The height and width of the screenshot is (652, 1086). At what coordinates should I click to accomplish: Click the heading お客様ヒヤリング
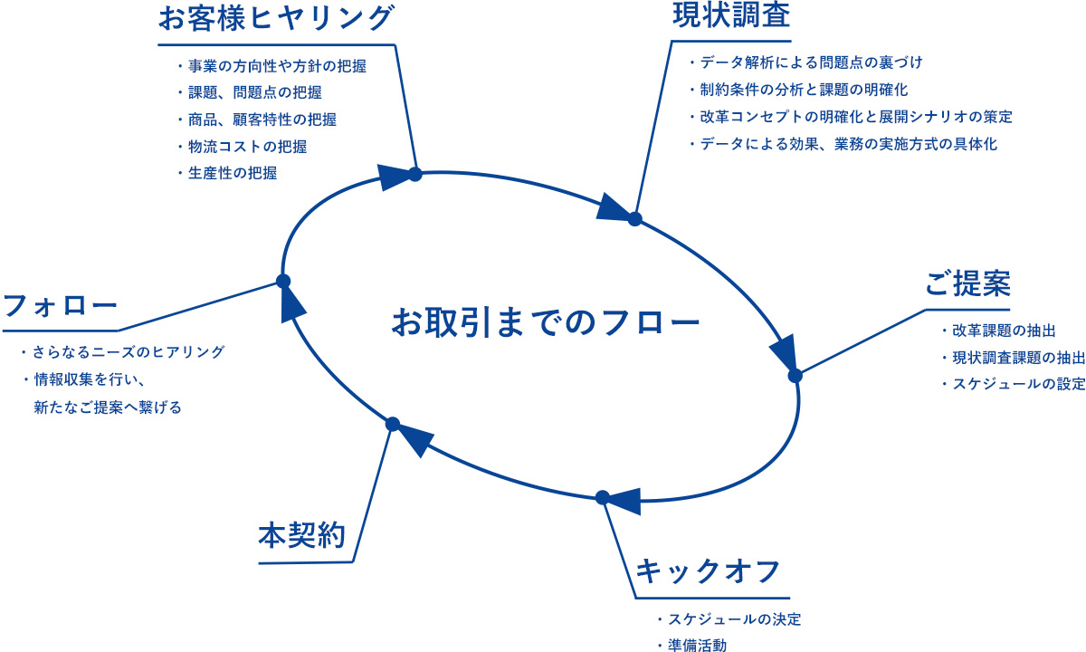point(277,18)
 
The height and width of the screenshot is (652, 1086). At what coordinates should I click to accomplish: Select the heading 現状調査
point(731,15)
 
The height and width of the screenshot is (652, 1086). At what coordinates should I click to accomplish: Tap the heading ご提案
point(967,284)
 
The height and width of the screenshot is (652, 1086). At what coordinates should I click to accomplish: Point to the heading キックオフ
point(707,571)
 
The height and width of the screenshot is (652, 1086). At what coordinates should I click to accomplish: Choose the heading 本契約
point(302,535)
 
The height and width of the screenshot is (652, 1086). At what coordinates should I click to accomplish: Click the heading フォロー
point(61,305)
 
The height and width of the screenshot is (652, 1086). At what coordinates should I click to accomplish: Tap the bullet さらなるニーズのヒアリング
point(128,352)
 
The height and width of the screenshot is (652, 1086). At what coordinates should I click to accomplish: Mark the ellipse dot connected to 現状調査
point(634,218)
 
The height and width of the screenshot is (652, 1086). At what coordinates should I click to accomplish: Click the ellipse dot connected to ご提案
point(795,375)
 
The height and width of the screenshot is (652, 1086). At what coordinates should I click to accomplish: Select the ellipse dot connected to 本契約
point(392,423)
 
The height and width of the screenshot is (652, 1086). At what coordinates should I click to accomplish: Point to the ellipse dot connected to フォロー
point(282,281)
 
